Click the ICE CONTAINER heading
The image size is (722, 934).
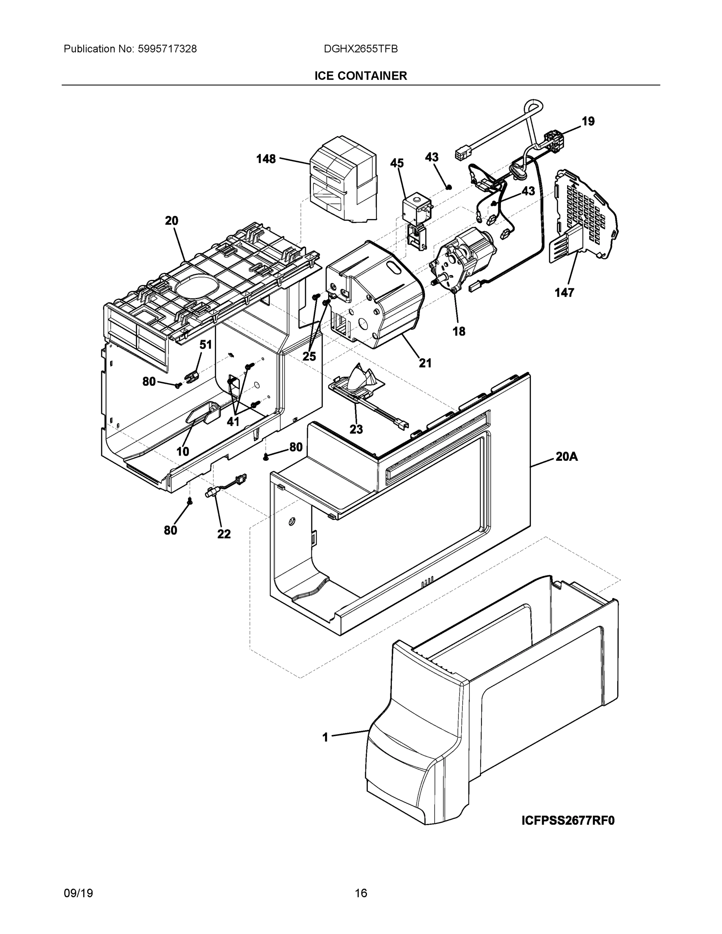(x=360, y=76)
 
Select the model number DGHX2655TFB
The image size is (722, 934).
(x=360, y=49)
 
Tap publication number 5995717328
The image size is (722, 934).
(x=167, y=49)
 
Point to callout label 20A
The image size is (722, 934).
(x=567, y=457)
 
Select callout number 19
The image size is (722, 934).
(x=588, y=121)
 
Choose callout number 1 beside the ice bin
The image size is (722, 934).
(x=325, y=737)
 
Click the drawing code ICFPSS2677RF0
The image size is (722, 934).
(x=567, y=821)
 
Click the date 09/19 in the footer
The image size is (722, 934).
(x=78, y=894)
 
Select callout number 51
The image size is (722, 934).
(x=206, y=345)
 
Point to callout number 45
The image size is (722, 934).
(x=397, y=163)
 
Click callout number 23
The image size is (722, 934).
(x=356, y=429)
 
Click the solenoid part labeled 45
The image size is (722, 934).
(x=416, y=209)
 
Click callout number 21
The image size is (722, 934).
(x=425, y=363)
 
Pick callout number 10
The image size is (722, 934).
(x=183, y=451)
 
